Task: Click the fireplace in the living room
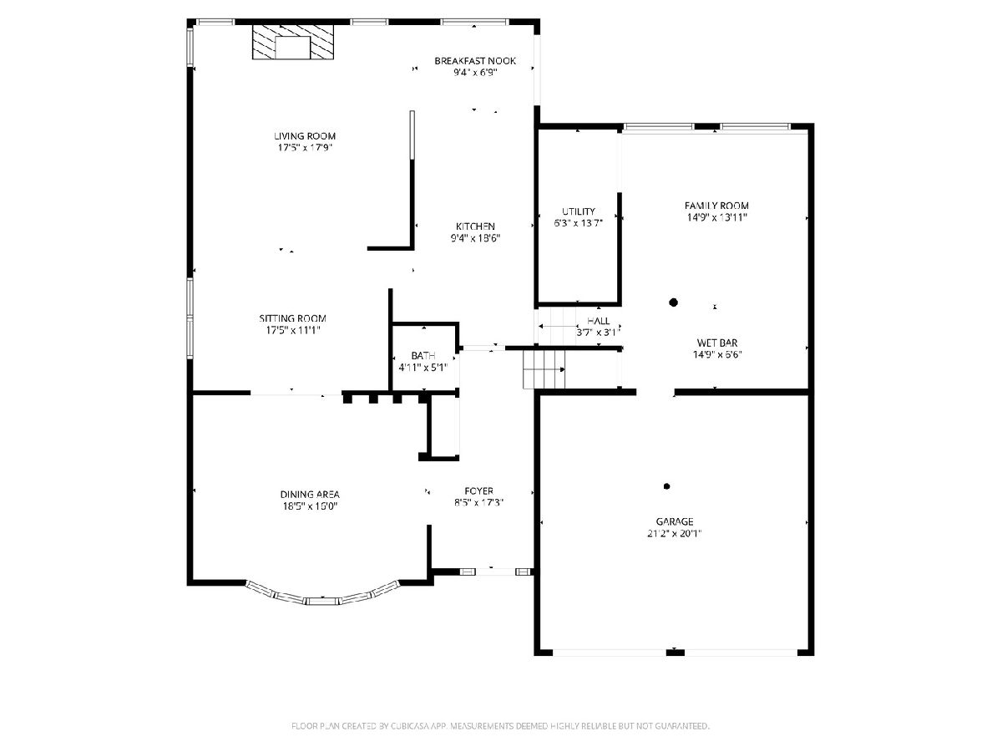tap(292, 42)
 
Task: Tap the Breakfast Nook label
tap(475, 61)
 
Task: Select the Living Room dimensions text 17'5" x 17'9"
tap(305, 148)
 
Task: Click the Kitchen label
tap(475, 226)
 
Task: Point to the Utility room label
tap(579, 211)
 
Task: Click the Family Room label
tap(716, 206)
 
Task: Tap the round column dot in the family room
tap(673, 302)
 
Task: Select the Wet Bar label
tap(717, 343)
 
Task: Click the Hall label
tap(598, 321)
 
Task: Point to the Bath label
tap(423, 356)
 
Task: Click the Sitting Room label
tap(292, 318)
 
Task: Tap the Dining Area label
tap(310, 494)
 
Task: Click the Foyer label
tap(478, 490)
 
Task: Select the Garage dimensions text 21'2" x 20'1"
tap(674, 533)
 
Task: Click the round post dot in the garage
tap(666, 486)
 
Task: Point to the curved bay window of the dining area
tap(323, 598)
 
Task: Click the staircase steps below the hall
tap(544, 369)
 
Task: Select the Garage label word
tap(674, 521)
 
